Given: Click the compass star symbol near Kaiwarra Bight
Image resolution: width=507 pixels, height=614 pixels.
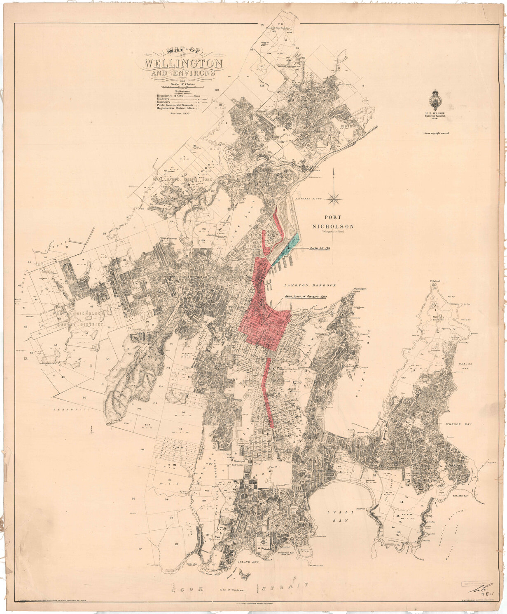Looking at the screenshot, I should coord(335,199).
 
